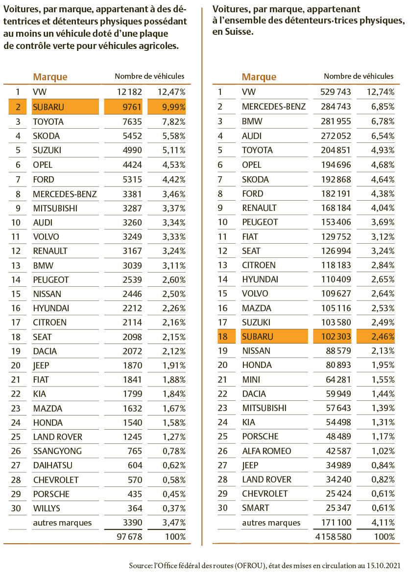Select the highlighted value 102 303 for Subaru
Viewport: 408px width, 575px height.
click(333, 336)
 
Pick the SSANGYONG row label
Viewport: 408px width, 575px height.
click(57, 451)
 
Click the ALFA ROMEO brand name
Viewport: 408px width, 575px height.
click(266, 451)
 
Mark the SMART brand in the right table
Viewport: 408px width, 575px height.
click(256, 508)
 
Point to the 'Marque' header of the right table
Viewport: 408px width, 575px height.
click(259, 77)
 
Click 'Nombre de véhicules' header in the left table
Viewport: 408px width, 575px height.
click(149, 76)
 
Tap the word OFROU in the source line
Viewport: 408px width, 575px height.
click(250, 566)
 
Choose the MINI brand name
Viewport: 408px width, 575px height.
click(251, 379)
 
